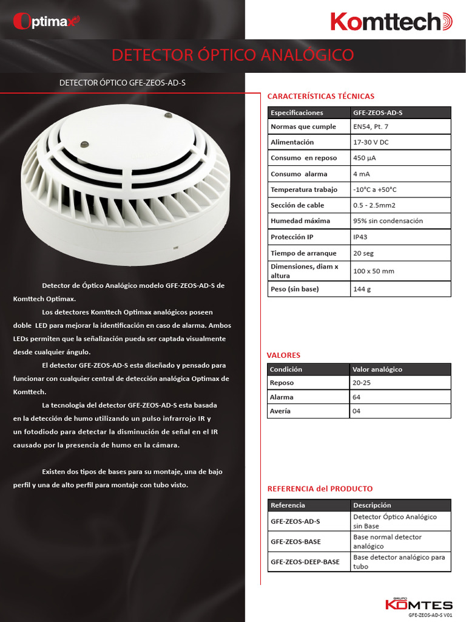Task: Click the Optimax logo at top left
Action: (x=46, y=21)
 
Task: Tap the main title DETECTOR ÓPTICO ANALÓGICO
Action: (x=232, y=55)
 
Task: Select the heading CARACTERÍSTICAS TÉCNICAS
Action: (x=320, y=96)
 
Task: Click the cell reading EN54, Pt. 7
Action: (x=371, y=127)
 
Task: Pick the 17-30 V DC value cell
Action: (x=371, y=142)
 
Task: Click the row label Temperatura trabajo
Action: (x=303, y=190)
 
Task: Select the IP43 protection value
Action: (x=360, y=237)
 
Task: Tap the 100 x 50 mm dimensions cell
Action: (x=373, y=271)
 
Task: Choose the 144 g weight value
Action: (x=362, y=289)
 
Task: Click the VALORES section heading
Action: (x=283, y=355)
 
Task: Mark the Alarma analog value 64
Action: (x=356, y=397)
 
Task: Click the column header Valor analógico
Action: (x=377, y=369)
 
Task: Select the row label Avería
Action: (x=280, y=411)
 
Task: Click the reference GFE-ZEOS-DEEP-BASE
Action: (x=305, y=562)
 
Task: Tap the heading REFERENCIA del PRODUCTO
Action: (x=320, y=489)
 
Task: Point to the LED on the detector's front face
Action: (x=85, y=144)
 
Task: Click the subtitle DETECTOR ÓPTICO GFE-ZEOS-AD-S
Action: (x=122, y=83)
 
